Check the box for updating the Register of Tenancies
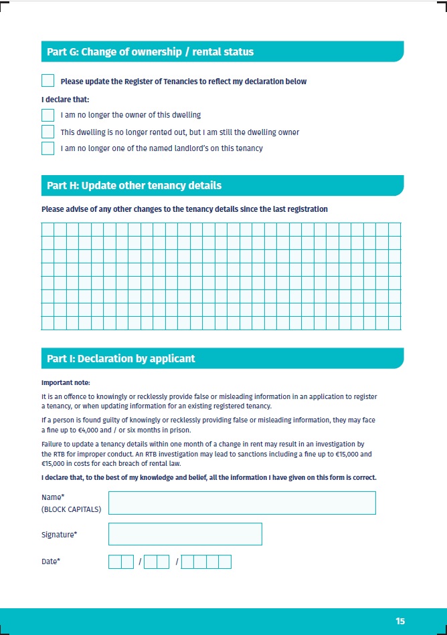(48, 81)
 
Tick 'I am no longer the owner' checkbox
(48, 115)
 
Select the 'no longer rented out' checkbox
(48, 132)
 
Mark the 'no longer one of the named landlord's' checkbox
(48, 148)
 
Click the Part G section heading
(150, 52)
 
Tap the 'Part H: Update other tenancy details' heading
(134, 185)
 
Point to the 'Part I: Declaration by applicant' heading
(120, 358)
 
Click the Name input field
(242, 503)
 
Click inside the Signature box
(185, 534)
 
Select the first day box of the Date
(114, 561)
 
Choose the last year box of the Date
(225, 561)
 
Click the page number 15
(400, 621)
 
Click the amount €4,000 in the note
(85, 430)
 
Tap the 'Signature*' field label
(59, 534)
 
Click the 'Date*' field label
(51, 561)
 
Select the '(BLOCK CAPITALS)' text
(71, 509)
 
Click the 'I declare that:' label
(60, 99)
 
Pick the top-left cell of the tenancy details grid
(48, 229)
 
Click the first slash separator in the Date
(140, 562)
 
